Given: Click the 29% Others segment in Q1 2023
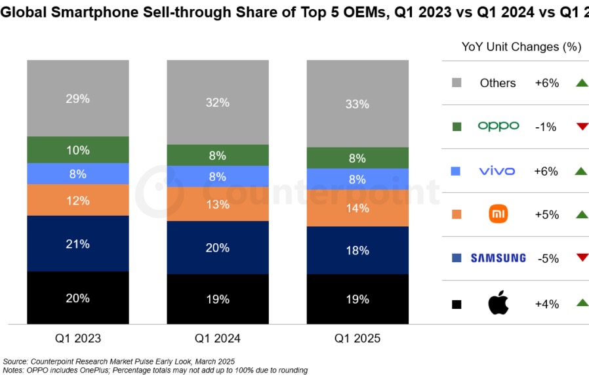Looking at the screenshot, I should (x=77, y=98).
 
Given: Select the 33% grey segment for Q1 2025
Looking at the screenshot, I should (x=357, y=104).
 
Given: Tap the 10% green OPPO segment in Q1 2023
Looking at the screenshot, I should (x=77, y=150).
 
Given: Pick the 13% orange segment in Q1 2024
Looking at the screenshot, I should (x=217, y=205).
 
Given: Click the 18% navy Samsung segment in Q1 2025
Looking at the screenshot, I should (x=357, y=251).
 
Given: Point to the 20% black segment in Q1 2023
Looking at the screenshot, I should (x=77, y=298).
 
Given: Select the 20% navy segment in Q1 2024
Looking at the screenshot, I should (x=217, y=248).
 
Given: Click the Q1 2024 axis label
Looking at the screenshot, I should (x=217, y=339).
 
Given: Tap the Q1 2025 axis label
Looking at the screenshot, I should (x=357, y=339).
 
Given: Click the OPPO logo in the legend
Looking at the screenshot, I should (x=498, y=126).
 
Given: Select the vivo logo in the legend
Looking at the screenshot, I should (x=497, y=171).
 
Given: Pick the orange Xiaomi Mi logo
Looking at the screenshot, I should (x=498, y=214).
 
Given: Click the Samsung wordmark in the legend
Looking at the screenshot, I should (x=498, y=258).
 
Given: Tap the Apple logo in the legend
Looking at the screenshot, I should (x=498, y=304).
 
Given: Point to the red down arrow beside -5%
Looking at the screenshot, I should (x=582, y=257).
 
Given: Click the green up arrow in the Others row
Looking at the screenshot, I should (x=581, y=83).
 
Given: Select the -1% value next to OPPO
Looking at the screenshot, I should (x=546, y=127).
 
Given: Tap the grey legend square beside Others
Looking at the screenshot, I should (x=457, y=83).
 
